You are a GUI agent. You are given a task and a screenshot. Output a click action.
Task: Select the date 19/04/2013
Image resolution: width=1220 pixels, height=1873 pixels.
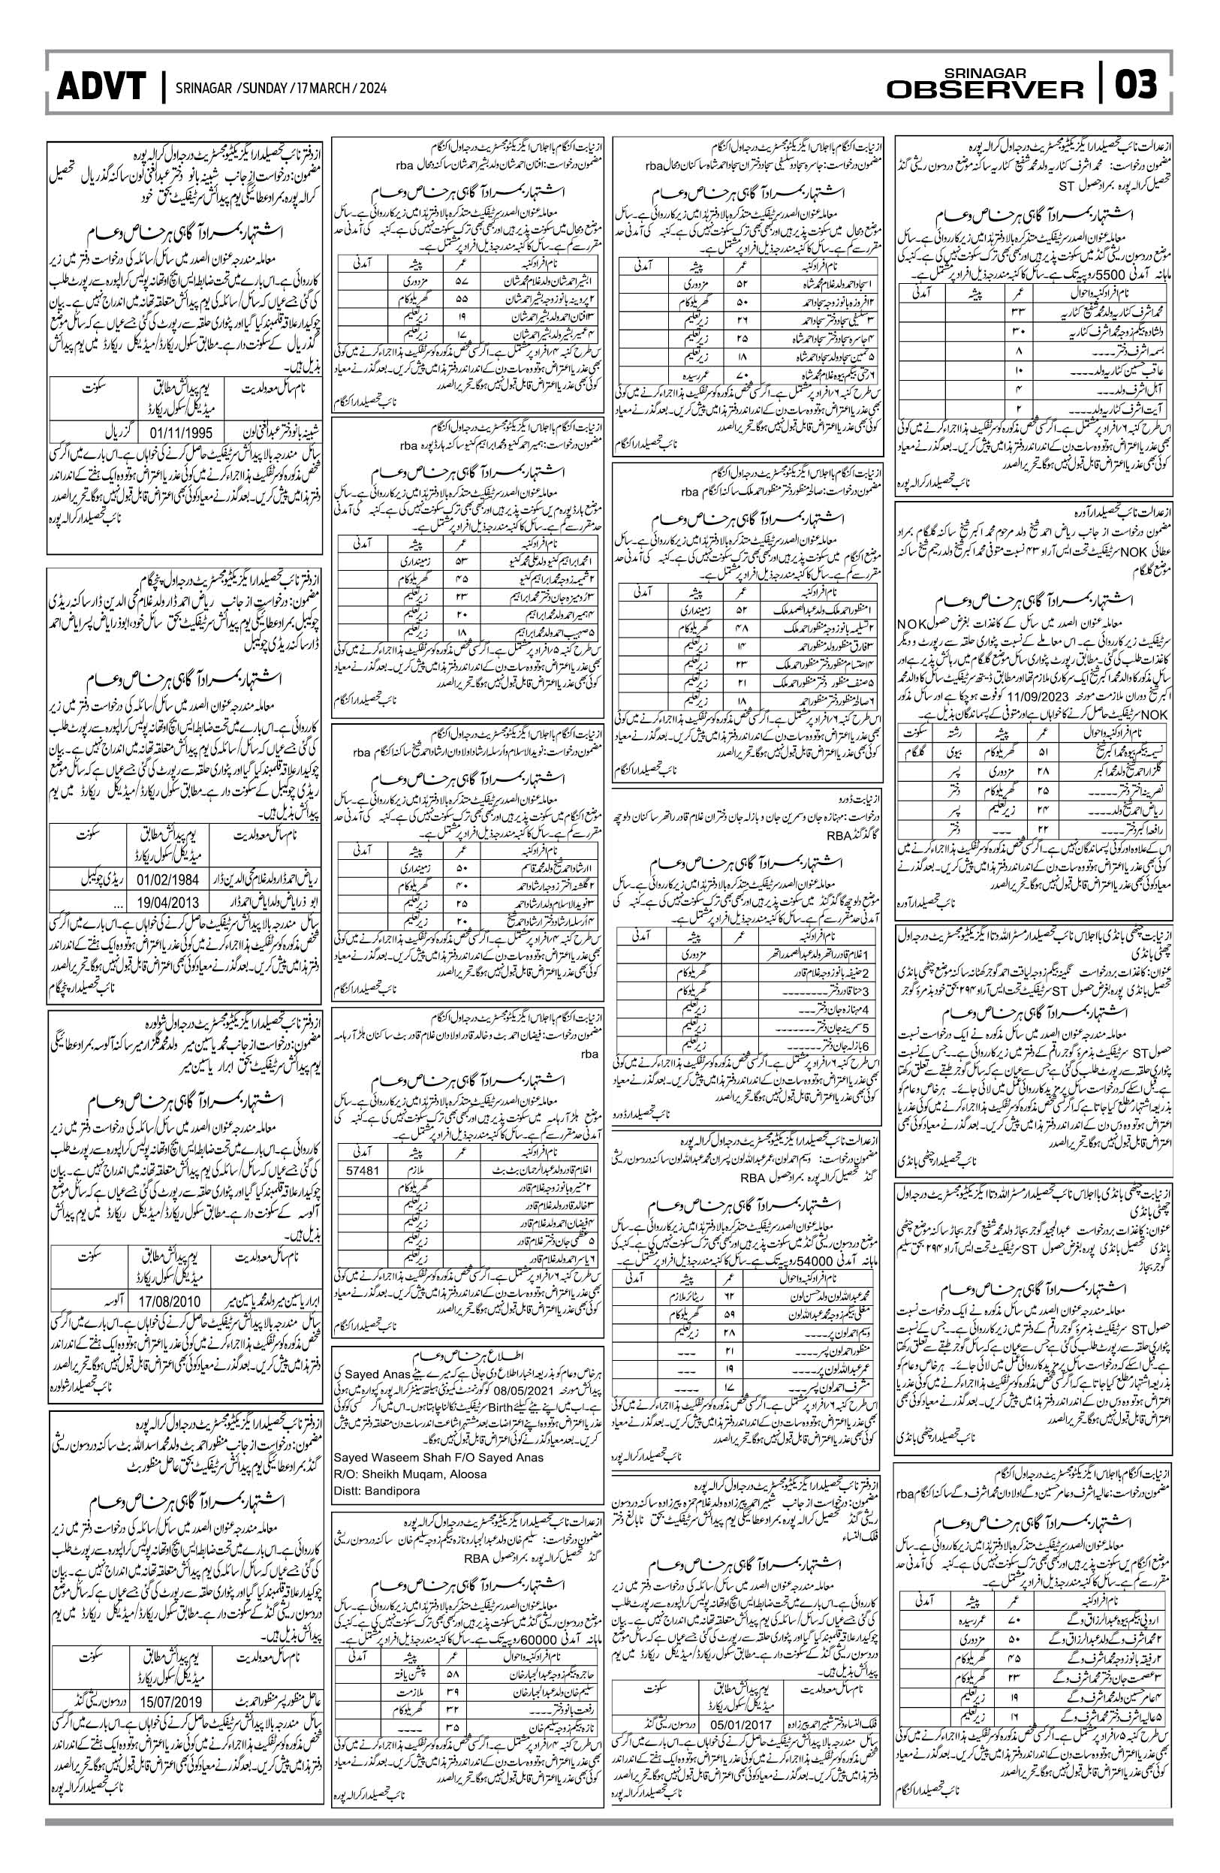[x=170, y=902]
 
